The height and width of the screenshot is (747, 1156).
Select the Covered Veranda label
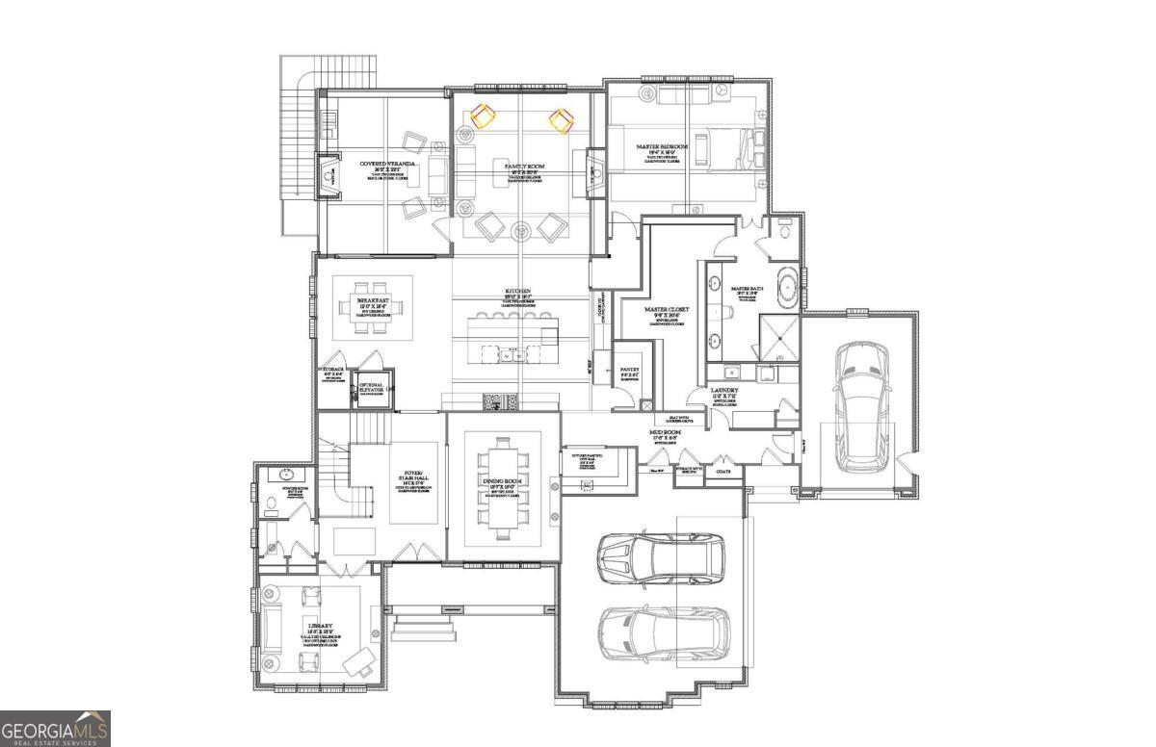(x=388, y=165)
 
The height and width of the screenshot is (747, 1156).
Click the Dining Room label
(x=502, y=480)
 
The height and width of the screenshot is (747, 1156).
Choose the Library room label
(x=312, y=625)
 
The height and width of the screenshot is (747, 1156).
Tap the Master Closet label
(x=667, y=310)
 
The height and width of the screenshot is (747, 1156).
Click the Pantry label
(x=630, y=369)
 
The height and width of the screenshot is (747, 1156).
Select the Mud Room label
(x=665, y=433)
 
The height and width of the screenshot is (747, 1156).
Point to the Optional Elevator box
(x=372, y=389)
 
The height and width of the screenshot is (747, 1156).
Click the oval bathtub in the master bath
(x=787, y=290)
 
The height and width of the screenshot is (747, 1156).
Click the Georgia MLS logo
(x=55, y=729)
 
